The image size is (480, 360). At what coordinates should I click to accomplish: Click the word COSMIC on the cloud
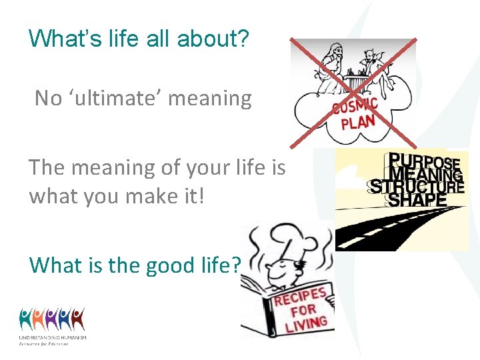355,107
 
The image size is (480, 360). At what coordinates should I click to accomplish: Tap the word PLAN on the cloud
358,123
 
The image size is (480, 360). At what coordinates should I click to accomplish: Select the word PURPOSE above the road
424,162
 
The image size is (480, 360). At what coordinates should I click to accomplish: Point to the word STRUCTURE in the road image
417,187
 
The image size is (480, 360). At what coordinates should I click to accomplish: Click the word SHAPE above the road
417,199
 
